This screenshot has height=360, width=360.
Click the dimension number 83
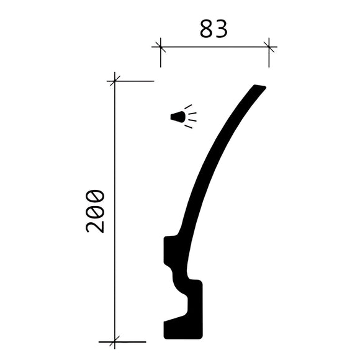214,29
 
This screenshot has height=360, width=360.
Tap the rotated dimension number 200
95,211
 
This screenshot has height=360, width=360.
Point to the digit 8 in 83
207,29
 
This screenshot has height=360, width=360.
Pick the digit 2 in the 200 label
95,225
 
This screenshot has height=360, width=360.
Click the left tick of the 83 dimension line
160,46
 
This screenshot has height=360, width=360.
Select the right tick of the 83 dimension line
269,46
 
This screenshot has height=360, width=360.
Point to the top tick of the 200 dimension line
115,81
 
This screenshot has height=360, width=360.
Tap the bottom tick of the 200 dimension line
115,341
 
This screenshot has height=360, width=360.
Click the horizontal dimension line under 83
214,46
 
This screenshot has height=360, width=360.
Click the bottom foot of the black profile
183,330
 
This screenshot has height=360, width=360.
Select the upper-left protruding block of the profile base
171,250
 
